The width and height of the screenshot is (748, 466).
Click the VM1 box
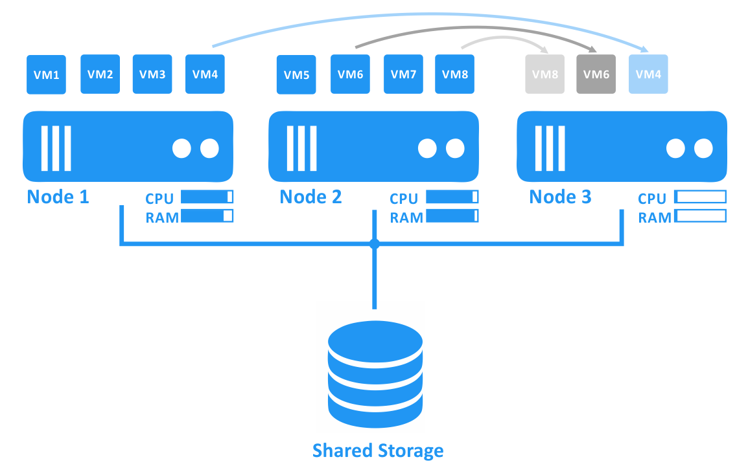coord(46,75)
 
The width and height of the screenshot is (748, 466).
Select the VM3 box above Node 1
coord(152,74)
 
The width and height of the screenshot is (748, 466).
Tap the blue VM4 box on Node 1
coord(205,74)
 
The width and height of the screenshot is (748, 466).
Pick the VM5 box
coord(296,74)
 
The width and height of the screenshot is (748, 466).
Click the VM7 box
coord(403,74)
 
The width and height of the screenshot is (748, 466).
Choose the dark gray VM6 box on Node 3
coord(596,74)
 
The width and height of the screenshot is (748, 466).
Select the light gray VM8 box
coord(544,74)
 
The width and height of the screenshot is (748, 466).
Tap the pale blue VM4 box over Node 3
coord(648,74)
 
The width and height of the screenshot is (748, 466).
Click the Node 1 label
coord(58,197)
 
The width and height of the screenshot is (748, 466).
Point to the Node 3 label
coord(560,197)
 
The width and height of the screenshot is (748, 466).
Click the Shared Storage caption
coord(378,450)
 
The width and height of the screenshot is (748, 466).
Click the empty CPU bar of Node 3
coord(700,197)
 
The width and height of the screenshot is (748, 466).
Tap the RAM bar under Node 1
coord(207,216)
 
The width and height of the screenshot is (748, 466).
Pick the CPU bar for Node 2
coord(452,197)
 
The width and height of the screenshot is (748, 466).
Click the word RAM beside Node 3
coord(655,217)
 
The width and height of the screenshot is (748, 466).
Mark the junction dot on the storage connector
coord(374,244)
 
